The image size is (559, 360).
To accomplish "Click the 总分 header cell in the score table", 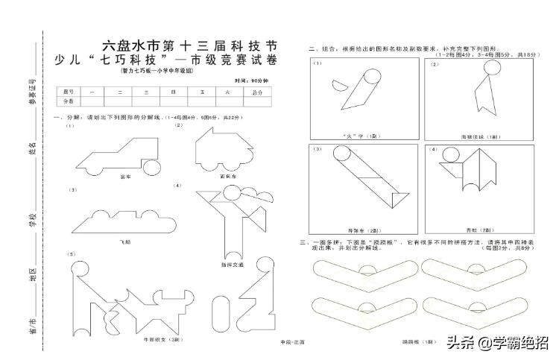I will pyautogui.click(x=258, y=92).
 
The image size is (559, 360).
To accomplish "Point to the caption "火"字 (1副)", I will pyautogui.click(x=364, y=137).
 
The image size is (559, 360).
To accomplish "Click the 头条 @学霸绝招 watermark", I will pyautogui.click(x=496, y=343).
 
